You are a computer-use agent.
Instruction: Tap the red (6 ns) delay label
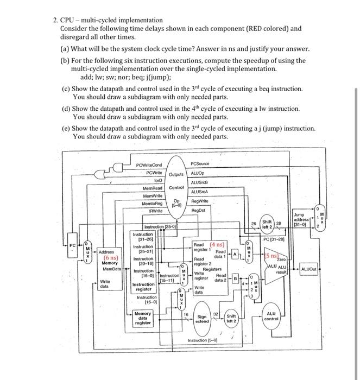110,258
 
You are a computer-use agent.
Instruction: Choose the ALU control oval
271,316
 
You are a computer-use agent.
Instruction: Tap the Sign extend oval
201,319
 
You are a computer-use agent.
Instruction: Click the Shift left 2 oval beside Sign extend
231,319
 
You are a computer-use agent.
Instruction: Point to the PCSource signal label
201,164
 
